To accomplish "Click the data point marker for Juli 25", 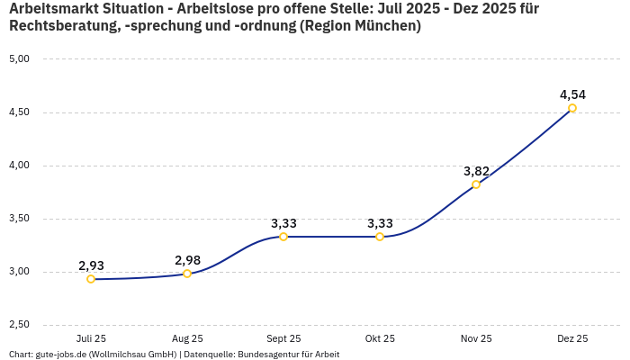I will (91, 279).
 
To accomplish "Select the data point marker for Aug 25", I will (187, 274).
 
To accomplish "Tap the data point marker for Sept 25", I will (283, 237).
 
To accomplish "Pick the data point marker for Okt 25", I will (380, 237).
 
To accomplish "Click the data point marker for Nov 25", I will (476, 184).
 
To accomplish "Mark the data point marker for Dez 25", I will (572, 108).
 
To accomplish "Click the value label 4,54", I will (572, 94).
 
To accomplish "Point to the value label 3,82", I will (476, 171).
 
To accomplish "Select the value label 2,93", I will (91, 265).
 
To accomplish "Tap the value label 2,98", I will (187, 260).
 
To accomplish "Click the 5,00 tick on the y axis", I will (19, 59).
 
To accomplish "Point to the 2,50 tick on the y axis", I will (19, 325).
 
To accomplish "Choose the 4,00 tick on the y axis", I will (19, 166).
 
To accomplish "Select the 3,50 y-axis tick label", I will (19, 219).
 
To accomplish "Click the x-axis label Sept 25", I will (283, 338).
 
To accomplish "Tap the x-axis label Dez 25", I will (572, 338).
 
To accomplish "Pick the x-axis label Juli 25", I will (91, 338).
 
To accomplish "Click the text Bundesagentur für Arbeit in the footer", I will (288, 354).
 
